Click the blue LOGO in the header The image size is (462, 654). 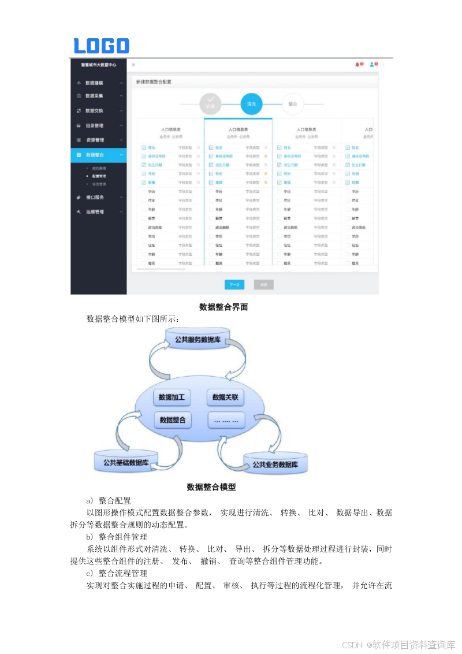point(101,46)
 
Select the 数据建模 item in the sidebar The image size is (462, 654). point(94,83)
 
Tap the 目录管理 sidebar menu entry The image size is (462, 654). point(94,125)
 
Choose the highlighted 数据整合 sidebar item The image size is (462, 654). point(95,155)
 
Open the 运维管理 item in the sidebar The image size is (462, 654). point(94,212)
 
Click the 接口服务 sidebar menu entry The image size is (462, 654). point(94,198)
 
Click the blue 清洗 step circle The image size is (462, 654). point(251,104)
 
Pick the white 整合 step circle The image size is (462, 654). point(293,104)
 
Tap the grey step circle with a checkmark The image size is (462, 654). point(210,104)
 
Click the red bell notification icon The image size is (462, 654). point(357,65)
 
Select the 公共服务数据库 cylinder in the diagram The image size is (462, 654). point(198,340)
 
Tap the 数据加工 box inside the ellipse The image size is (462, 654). point(172,397)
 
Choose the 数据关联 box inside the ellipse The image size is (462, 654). point(225,397)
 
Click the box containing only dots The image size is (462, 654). point(225,421)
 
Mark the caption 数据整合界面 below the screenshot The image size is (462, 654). point(223,307)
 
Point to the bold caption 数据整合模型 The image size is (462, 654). point(211,487)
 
